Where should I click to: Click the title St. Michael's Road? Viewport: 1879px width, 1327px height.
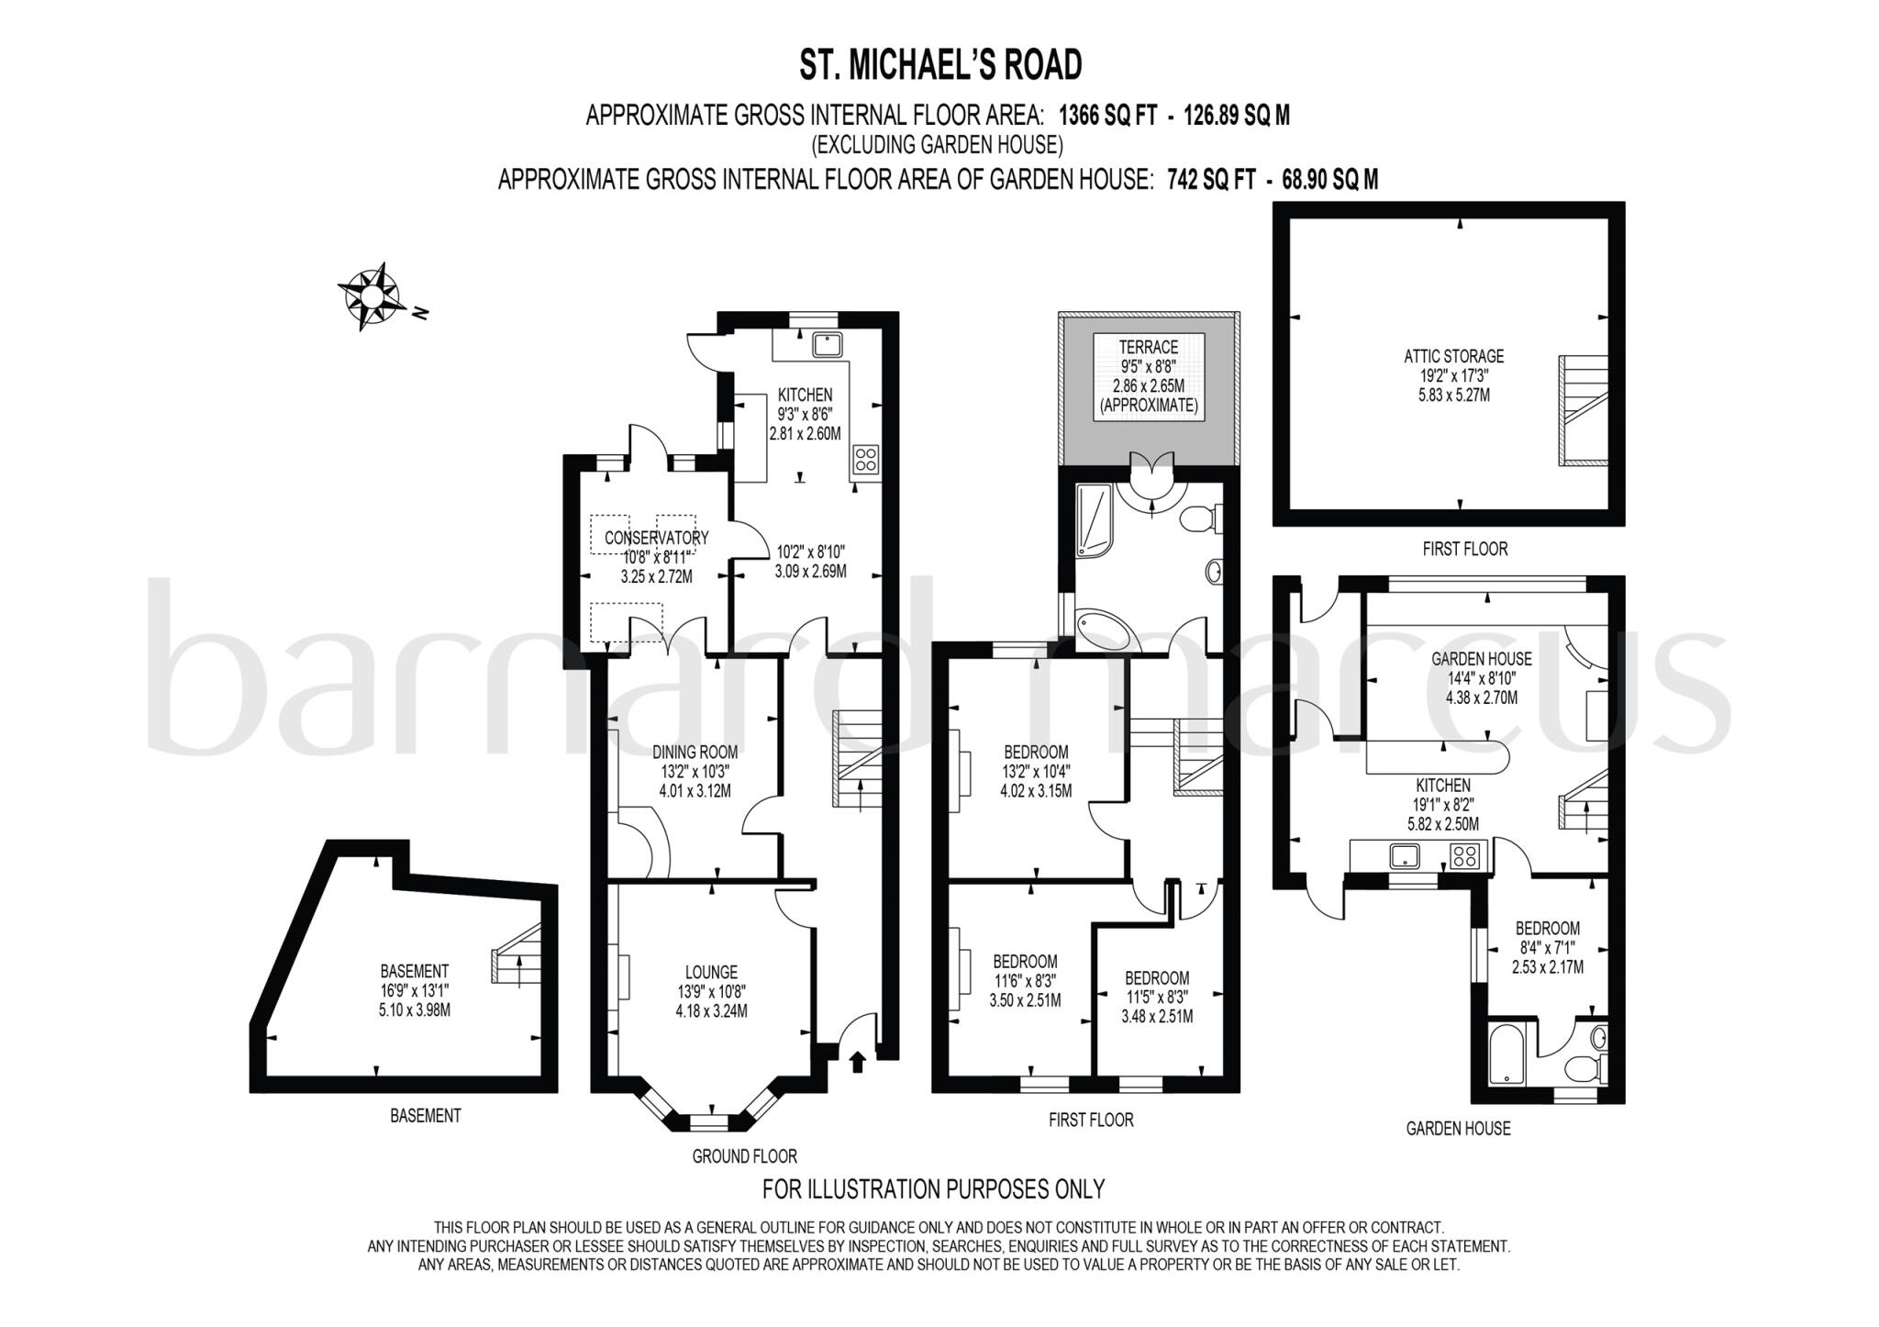point(940,65)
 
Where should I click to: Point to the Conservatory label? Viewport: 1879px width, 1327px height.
point(656,538)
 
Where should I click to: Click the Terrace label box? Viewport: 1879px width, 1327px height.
point(1148,377)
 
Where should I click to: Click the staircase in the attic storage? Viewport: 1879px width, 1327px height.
point(1582,411)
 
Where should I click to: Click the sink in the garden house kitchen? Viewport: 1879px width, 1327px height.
point(1404,856)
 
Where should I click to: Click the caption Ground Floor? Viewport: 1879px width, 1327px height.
point(744,1156)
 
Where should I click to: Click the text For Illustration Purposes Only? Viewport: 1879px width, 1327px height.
point(933,1189)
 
